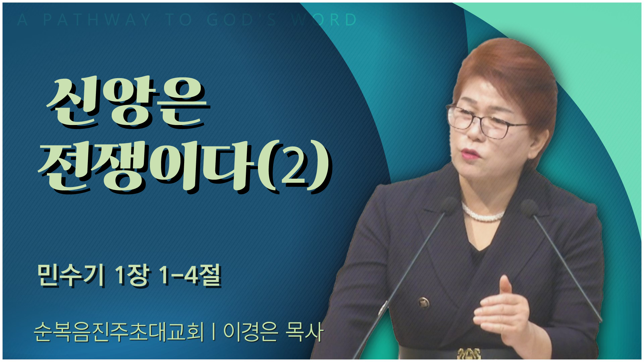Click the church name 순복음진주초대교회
pyautogui.click(x=119, y=332)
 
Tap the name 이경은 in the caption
pyautogui.click(x=251, y=332)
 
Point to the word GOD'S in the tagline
pyautogui.click(x=241, y=20)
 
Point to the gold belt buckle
pyautogui.click(x=469, y=353)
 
